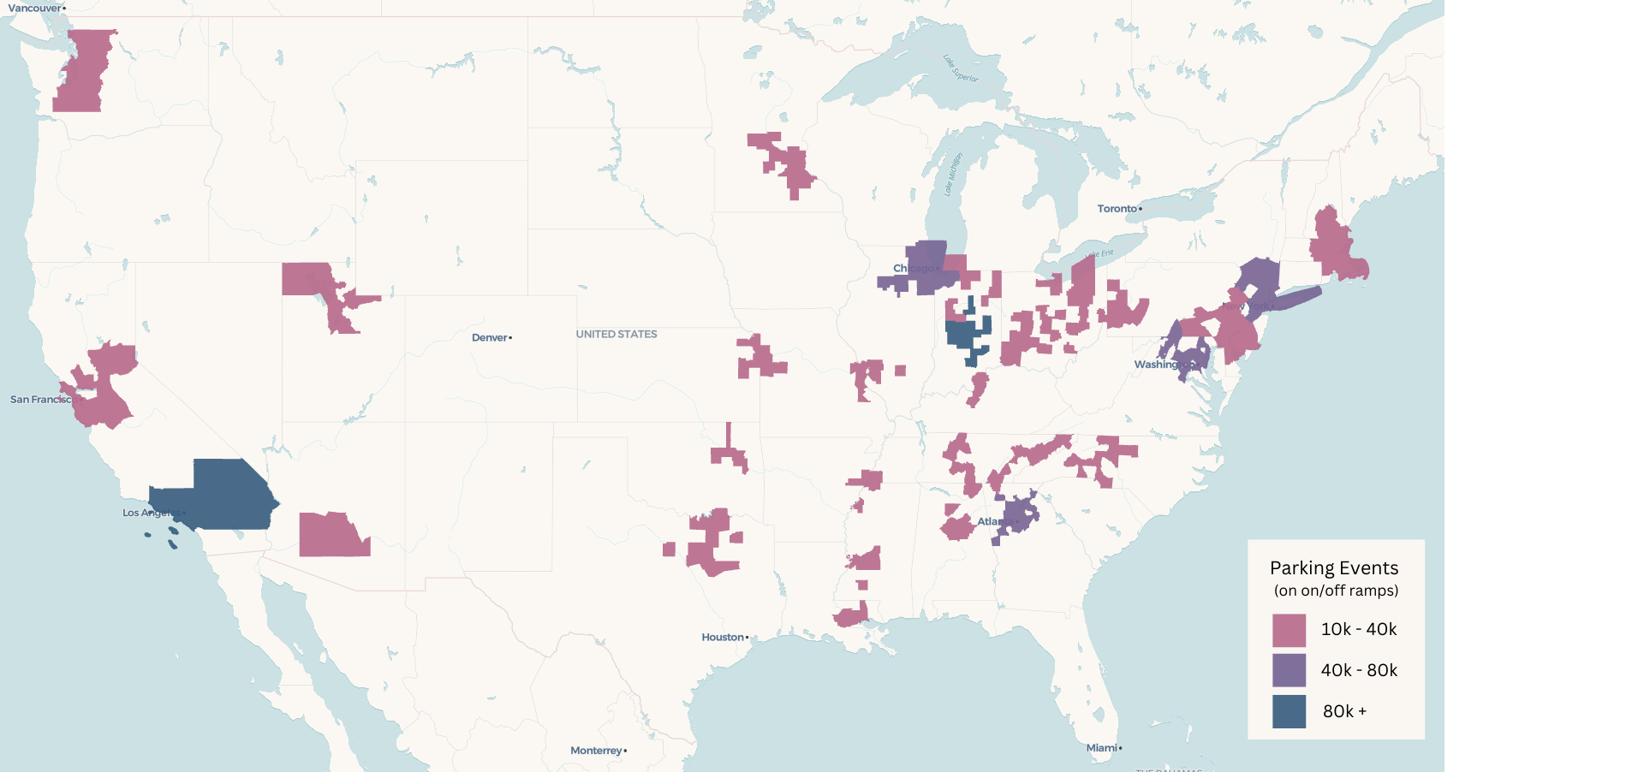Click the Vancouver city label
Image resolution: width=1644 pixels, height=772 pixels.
[34, 9]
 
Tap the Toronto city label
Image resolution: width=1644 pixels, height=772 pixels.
[1117, 209]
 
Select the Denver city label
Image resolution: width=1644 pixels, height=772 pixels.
[490, 338]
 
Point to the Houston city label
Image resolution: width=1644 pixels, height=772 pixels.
[723, 638]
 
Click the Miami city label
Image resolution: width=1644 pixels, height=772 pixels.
[1101, 748]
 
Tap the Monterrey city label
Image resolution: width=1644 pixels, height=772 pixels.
[596, 751]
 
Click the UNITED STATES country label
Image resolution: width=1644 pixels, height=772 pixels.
[616, 335]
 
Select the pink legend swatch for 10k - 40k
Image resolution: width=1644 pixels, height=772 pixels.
[1289, 630]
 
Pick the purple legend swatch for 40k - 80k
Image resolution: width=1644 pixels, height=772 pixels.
[1289, 670]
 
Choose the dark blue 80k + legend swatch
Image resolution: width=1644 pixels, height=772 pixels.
[1289, 711]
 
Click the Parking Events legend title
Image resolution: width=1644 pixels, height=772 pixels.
[1334, 568]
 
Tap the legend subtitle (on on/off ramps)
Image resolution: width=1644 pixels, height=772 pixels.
[1336, 591]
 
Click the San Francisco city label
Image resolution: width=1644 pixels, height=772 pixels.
[41, 400]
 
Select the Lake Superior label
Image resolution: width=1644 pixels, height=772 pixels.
[961, 69]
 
